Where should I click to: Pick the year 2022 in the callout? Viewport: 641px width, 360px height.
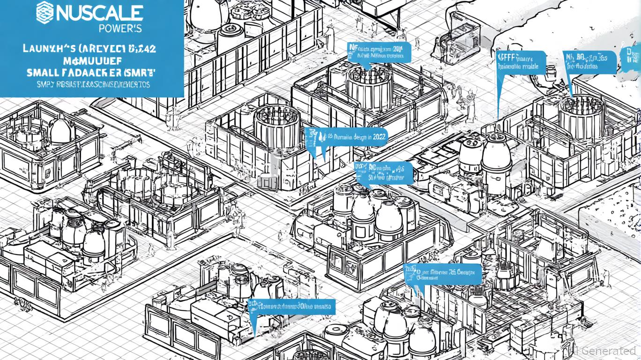[379, 137]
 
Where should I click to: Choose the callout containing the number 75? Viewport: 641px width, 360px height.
[442, 273]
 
